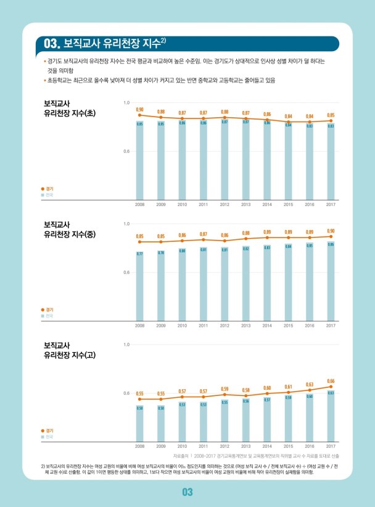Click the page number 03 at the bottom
coord(187,492)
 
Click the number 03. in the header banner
coord(51,44)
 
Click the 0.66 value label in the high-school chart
coord(331,381)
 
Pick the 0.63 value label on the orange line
coord(310,384)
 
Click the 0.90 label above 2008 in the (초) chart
coord(140,109)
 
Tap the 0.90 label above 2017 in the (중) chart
coord(331,230)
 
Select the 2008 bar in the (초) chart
coord(140,160)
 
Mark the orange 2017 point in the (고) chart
coord(331,387)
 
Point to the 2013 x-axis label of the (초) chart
coord(245,204)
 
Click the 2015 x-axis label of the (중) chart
coord(288,324)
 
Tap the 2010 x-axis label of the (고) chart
coord(182,445)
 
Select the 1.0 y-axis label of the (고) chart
coord(126,344)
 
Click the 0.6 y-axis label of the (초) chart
coord(126,151)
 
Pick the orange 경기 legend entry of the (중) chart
coord(47,310)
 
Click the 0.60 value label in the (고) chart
coord(267,388)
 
